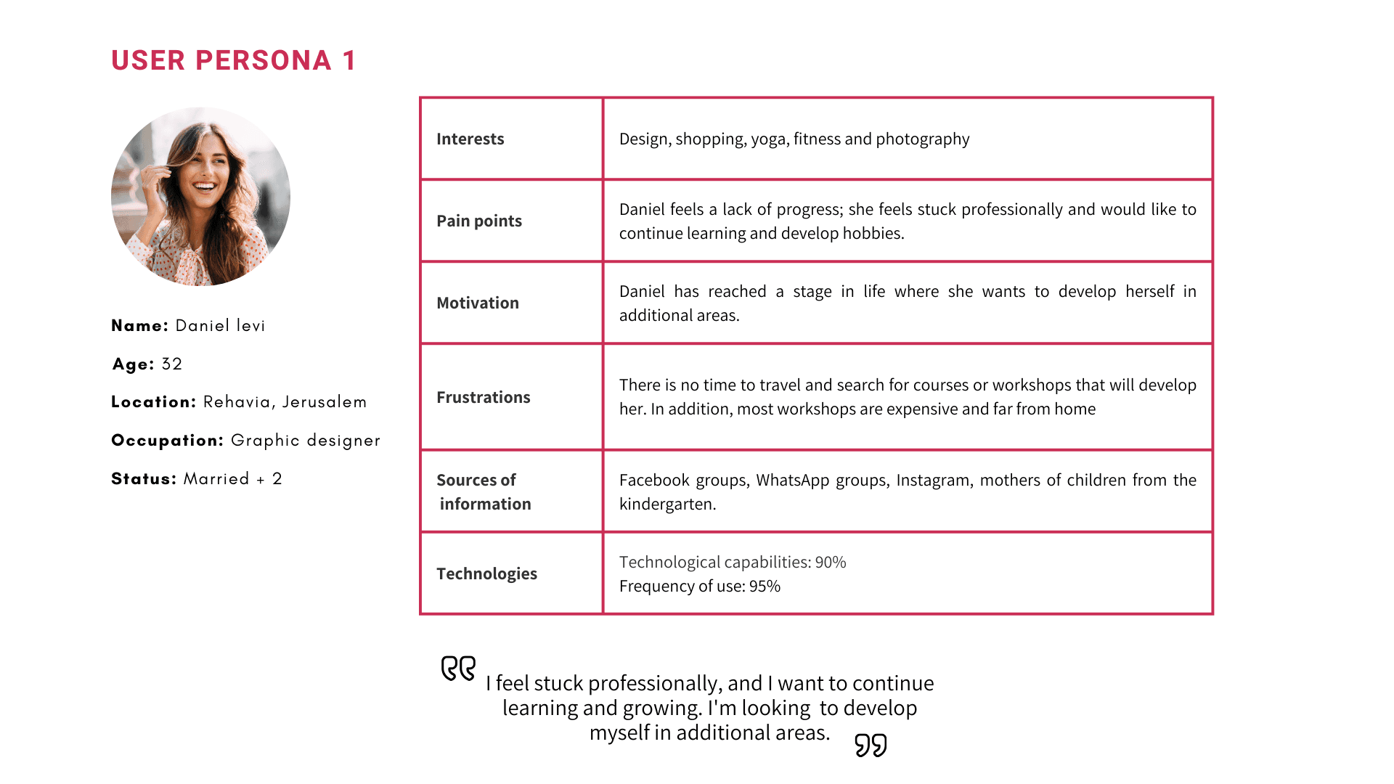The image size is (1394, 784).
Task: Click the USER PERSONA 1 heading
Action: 233,60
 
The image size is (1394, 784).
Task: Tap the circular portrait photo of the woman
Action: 200,197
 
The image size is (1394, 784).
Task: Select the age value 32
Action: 172,364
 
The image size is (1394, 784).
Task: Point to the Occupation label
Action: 167,441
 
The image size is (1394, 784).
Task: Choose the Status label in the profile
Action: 144,479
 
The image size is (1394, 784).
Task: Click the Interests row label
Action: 470,139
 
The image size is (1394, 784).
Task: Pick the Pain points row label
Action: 479,221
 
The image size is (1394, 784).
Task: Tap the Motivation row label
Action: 478,303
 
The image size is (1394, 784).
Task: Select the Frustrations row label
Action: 484,397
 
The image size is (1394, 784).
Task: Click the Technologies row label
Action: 486,573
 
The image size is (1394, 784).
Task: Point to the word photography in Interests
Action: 922,139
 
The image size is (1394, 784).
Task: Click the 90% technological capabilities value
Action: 831,562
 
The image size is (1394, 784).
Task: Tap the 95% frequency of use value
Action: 765,586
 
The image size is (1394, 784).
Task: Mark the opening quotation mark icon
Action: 458,668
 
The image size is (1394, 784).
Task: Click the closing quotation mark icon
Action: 871,745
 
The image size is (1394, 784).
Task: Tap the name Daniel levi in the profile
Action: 220,325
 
